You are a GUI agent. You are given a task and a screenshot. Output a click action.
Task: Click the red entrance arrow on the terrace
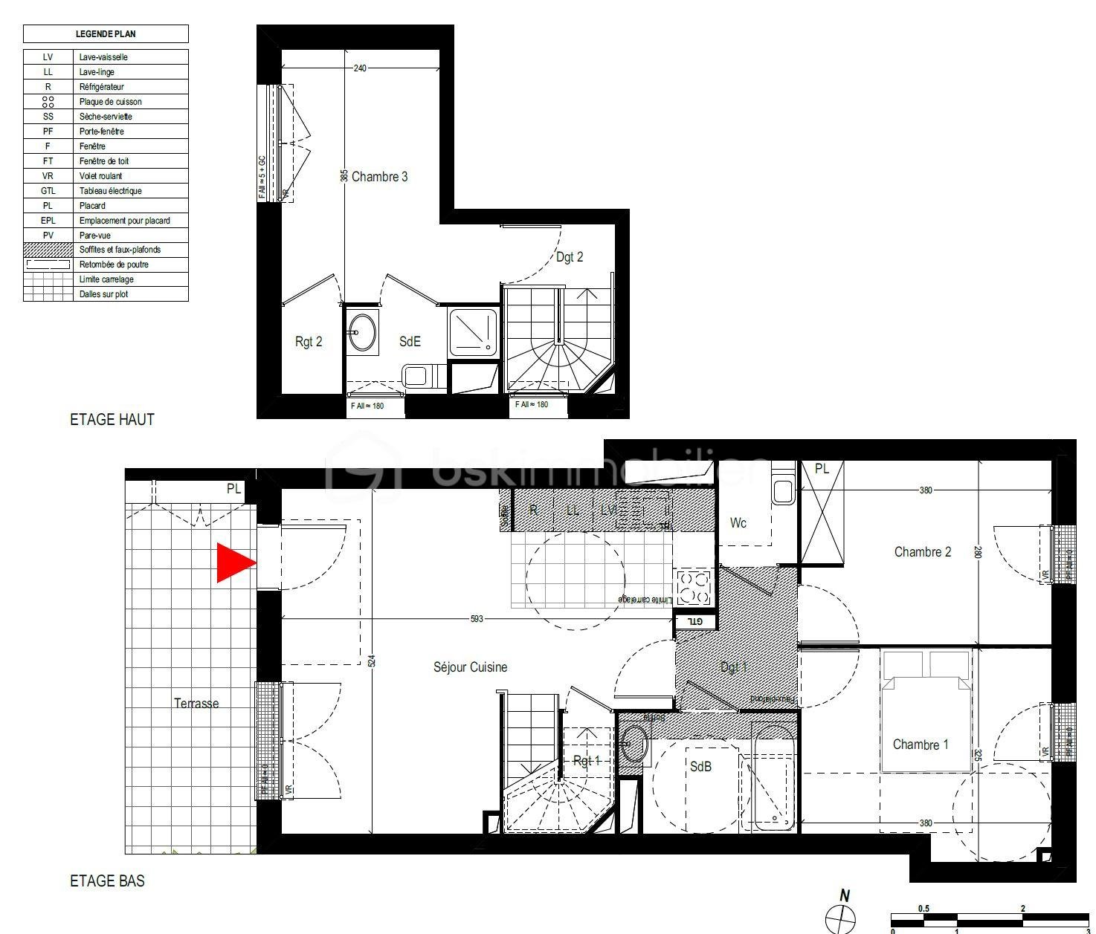(234, 562)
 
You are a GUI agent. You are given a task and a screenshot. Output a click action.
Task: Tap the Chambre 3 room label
(379, 177)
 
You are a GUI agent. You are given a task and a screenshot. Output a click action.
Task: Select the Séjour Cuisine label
(470, 667)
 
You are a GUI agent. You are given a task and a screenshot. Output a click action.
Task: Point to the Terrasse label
(196, 703)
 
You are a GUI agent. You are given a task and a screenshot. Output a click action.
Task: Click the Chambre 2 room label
(922, 551)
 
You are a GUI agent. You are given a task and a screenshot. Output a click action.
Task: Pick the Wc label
(738, 523)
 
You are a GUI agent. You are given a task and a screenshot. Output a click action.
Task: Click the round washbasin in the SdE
(363, 331)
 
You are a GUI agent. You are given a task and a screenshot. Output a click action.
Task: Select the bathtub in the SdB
(772, 779)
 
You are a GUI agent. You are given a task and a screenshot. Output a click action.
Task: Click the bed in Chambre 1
(926, 713)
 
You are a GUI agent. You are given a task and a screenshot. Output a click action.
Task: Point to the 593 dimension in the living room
(476, 618)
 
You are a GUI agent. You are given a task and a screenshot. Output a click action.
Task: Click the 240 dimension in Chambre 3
(360, 68)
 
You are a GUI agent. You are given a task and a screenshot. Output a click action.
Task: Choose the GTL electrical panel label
(694, 621)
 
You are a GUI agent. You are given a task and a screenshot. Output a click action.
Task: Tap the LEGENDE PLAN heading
(106, 33)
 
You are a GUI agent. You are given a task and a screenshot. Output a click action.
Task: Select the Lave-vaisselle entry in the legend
(103, 57)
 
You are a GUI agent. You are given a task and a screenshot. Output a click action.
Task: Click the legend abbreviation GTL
(48, 191)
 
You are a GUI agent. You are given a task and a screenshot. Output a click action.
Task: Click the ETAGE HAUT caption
(112, 419)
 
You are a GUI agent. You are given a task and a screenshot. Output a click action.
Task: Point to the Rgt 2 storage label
(309, 342)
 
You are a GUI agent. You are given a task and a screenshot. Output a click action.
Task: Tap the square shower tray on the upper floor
(472, 331)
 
